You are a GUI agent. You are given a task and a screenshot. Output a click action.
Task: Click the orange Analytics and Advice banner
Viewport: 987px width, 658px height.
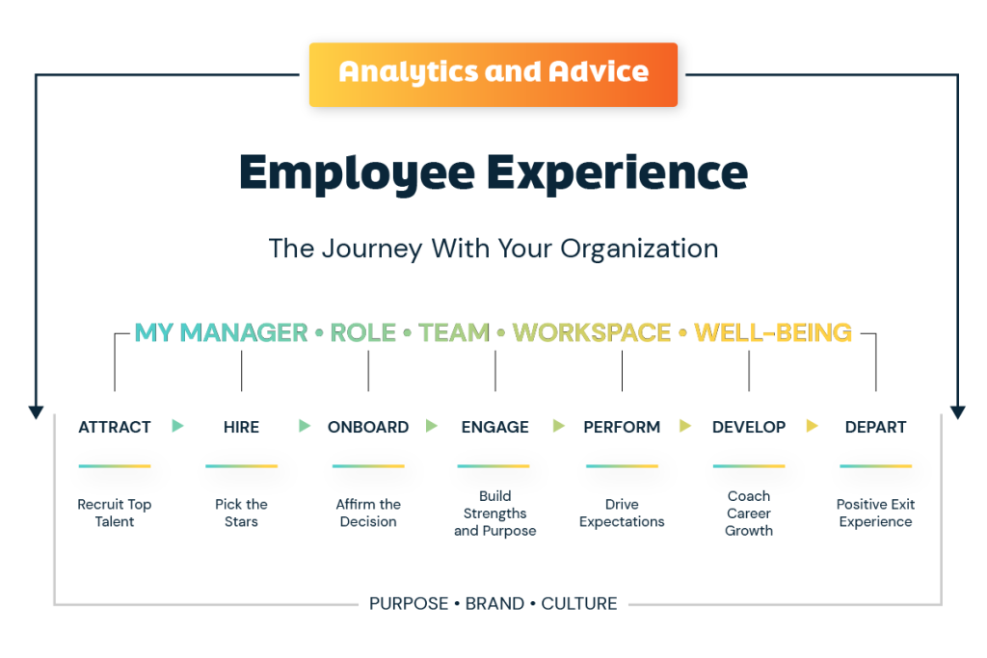click(x=493, y=73)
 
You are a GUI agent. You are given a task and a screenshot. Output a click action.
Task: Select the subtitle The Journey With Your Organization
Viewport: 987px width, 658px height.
click(x=493, y=248)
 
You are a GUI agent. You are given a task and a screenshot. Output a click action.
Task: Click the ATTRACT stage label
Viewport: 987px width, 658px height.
click(x=115, y=427)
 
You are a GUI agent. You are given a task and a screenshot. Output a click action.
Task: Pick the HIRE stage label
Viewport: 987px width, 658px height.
click(x=241, y=427)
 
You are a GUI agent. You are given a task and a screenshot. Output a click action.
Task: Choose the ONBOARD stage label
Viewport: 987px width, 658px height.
click(x=368, y=427)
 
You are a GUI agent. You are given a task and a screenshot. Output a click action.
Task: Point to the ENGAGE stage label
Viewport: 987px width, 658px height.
click(x=494, y=427)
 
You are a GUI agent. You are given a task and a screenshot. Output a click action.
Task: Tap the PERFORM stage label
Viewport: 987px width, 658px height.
click(x=622, y=427)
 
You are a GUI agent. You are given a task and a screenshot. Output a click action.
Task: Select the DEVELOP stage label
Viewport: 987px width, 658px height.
click(x=749, y=427)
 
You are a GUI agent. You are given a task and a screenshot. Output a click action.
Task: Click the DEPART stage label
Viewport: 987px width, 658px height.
click(x=875, y=427)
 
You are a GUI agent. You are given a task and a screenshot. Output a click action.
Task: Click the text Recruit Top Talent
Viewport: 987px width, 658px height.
click(x=115, y=513)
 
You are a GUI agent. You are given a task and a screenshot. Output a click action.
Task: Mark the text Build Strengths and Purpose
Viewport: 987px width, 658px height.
click(x=494, y=513)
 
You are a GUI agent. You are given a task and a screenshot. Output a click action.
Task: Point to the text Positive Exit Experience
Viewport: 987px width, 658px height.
click(x=875, y=513)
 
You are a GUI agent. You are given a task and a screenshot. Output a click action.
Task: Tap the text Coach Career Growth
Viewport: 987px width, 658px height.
click(x=749, y=513)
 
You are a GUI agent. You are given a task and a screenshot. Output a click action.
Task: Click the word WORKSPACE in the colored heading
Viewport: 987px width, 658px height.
click(x=592, y=332)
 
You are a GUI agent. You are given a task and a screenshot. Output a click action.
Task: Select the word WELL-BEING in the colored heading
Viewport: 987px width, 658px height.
click(x=773, y=332)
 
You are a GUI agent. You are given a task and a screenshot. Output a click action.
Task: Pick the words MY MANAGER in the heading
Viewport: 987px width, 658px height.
click(x=221, y=332)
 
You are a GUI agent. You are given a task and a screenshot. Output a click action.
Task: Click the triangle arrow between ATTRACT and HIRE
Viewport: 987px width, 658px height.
click(x=177, y=426)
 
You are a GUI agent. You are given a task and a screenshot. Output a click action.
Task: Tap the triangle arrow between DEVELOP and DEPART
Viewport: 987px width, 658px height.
click(x=813, y=426)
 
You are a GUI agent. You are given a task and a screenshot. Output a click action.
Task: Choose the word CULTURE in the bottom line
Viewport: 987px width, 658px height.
click(x=579, y=604)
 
